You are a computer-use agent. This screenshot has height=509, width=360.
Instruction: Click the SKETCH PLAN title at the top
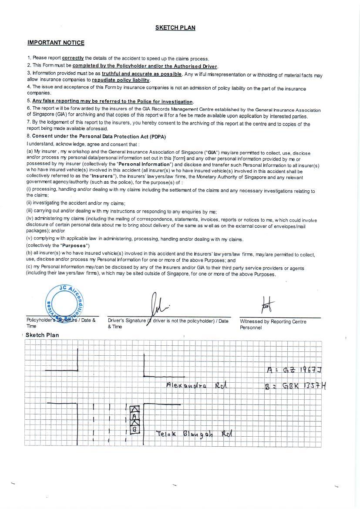coord(175,28)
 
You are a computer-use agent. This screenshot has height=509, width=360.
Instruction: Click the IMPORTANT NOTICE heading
coord(56,43)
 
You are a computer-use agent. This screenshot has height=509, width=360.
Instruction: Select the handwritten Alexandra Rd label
coord(196,385)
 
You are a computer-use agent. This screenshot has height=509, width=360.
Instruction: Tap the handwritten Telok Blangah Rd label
coord(194,434)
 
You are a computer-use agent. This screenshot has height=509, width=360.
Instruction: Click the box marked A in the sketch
coord(135,417)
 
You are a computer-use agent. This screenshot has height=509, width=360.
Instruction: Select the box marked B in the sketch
coord(135,430)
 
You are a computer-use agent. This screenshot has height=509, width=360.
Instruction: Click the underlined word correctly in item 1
coord(73,58)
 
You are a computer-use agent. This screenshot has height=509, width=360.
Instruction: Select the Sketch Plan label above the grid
coord(42,335)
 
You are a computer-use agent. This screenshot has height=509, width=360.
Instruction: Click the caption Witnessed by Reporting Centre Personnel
coord(273,324)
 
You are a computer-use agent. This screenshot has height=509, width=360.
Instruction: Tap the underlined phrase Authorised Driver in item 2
coord(195,66)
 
